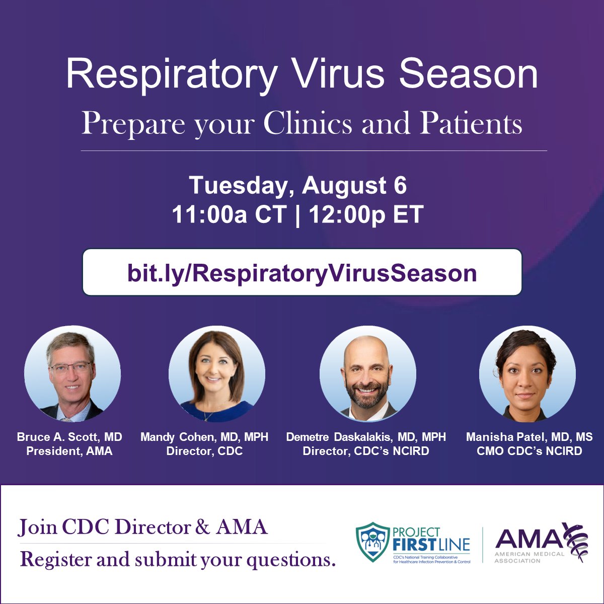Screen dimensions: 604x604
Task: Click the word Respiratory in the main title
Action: [x=171, y=74]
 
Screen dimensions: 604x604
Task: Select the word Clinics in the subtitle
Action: [x=308, y=123]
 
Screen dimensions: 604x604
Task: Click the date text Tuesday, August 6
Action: [x=298, y=186]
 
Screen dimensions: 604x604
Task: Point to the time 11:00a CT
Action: [x=230, y=215]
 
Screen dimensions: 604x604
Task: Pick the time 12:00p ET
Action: [x=366, y=215]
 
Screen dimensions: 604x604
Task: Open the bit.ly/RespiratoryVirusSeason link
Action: [x=302, y=273]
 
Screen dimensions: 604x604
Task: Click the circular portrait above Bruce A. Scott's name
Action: [x=72, y=373]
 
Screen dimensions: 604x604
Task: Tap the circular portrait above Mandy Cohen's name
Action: [x=217, y=373]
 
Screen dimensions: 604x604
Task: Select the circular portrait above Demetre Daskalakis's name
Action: [x=368, y=373]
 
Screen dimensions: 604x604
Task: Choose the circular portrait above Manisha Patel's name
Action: [x=527, y=373]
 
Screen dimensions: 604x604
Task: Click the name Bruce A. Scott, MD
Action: [x=69, y=437]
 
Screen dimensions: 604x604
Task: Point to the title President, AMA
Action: [x=69, y=451]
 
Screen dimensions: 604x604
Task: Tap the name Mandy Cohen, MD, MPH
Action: [x=204, y=437]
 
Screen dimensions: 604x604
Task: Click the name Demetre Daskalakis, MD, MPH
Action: [x=366, y=437]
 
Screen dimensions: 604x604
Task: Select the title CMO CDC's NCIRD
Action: [x=530, y=451]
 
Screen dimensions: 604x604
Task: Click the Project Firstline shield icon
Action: [x=373, y=542]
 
